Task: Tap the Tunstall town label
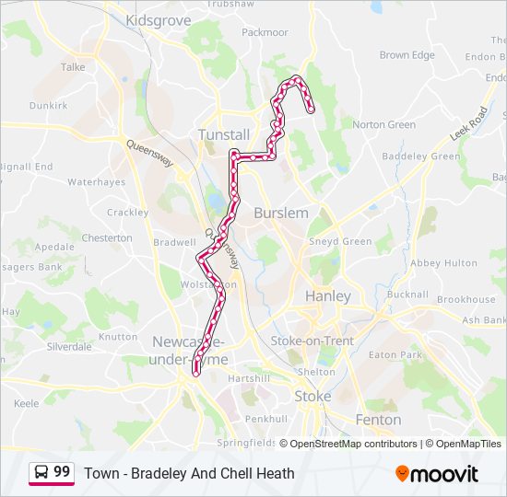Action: click(224, 134)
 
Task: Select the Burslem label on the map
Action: click(280, 213)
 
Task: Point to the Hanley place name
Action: click(327, 296)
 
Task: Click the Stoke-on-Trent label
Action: click(312, 341)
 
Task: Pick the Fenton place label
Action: click(378, 420)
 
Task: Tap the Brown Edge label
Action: click(407, 55)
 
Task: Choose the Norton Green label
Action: click(383, 124)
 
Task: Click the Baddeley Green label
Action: click(420, 156)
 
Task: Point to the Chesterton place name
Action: click(107, 237)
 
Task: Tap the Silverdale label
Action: click(69, 347)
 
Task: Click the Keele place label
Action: click(27, 403)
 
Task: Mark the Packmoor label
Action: click(265, 32)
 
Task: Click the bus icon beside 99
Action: click(41, 472)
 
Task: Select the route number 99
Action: click(62, 472)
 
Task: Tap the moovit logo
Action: click(437, 474)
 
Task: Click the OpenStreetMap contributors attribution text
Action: click(353, 444)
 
